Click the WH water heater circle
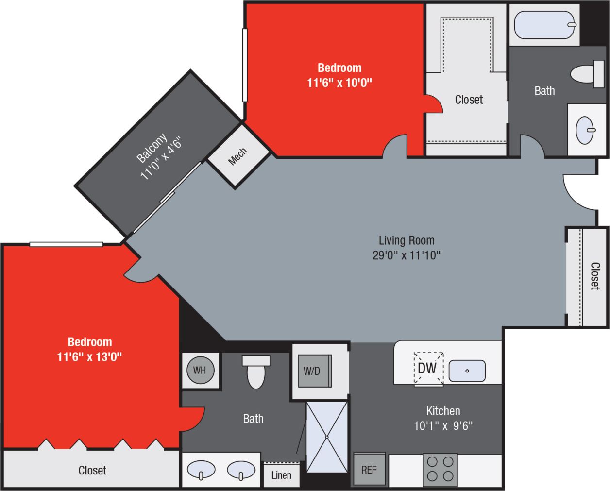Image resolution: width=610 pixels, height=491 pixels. [x=199, y=370]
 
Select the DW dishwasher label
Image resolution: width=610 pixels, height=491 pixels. [x=427, y=368]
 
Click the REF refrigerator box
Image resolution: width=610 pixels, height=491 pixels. [x=369, y=469]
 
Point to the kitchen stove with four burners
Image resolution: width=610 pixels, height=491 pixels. [x=441, y=469]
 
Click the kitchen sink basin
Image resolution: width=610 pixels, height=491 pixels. [x=467, y=371]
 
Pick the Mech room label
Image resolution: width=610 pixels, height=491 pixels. [x=237, y=156]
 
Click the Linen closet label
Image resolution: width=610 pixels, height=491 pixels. [x=281, y=475]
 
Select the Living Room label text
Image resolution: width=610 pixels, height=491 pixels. [x=407, y=240]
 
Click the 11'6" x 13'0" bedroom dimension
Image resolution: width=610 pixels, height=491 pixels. [x=89, y=357]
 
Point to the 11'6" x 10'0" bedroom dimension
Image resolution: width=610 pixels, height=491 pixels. [x=339, y=83]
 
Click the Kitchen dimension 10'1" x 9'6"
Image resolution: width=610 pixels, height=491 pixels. [x=443, y=426]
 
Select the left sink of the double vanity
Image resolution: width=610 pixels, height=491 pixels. [x=201, y=470]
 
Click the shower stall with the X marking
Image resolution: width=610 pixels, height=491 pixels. [x=327, y=437]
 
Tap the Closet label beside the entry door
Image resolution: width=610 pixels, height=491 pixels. [x=595, y=276]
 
